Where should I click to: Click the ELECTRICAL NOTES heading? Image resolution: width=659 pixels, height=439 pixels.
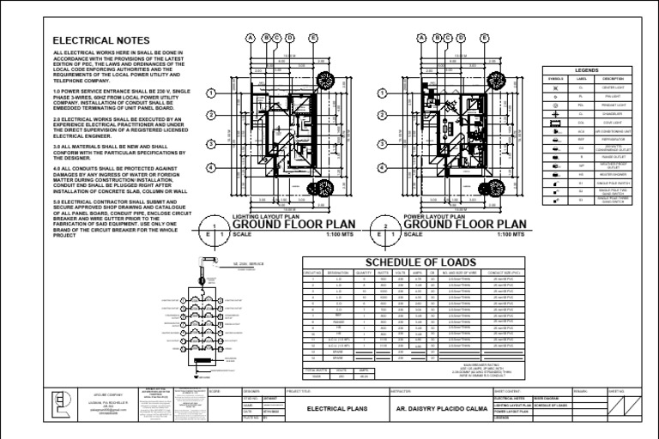101,40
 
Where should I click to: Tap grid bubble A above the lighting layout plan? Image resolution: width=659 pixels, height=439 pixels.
251,38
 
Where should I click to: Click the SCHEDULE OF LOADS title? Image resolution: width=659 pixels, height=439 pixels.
409,262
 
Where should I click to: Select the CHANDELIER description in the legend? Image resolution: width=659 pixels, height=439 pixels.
598,114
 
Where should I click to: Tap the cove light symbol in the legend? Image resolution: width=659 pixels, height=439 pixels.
556,123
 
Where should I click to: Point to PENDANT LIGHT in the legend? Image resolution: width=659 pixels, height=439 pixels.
598,105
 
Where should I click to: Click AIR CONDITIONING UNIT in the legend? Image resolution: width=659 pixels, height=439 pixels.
598,131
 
